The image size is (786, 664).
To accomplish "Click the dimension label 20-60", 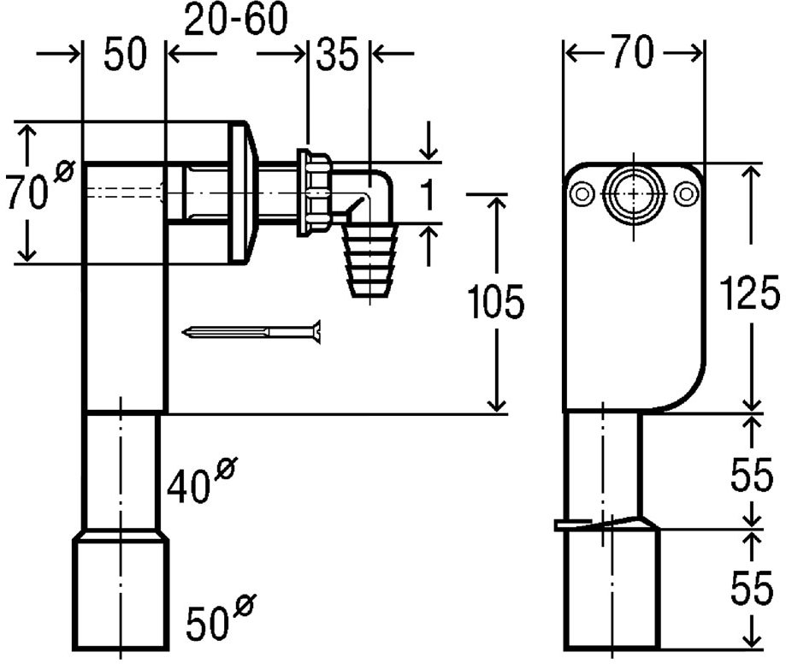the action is [236, 19].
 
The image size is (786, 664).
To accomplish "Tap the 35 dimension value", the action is [337, 53].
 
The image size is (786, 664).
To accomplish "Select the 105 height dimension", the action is [495, 301].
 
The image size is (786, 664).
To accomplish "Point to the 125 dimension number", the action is [749, 293].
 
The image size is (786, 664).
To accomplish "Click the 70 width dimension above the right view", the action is [633, 51].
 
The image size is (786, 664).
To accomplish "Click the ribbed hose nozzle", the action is [370, 261].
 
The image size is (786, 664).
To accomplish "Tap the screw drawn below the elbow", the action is [251, 331].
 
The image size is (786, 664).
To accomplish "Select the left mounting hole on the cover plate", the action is [582, 194].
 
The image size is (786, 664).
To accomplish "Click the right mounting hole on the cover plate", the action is [686, 194].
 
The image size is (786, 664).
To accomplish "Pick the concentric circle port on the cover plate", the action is [634, 194].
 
